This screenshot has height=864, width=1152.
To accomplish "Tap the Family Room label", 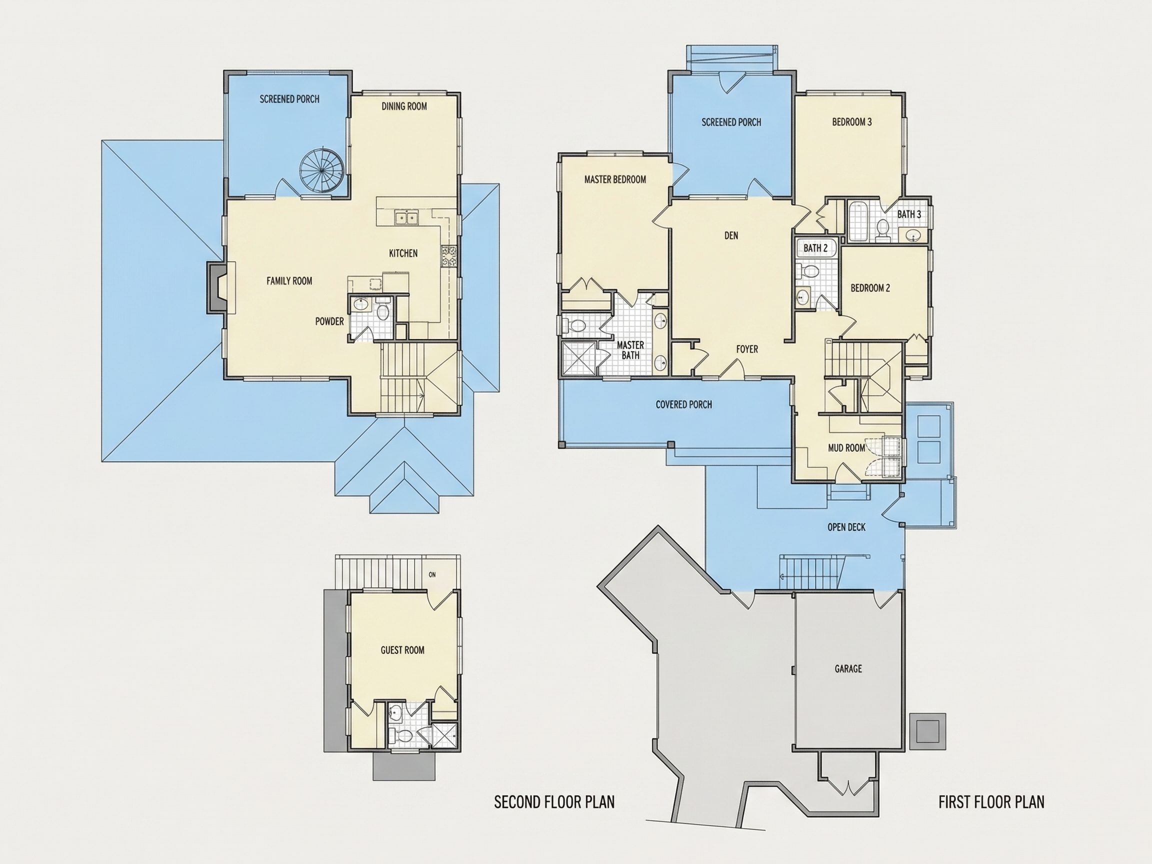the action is (x=289, y=281).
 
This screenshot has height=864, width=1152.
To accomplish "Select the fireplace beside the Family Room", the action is (x=217, y=287).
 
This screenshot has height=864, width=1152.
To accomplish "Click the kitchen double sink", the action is (x=406, y=217).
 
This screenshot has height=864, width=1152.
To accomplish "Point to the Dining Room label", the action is (x=404, y=106).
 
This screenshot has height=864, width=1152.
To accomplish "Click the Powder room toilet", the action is (x=383, y=312).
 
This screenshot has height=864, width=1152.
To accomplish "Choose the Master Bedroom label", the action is (x=615, y=179).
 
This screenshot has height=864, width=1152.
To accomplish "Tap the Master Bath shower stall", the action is (x=578, y=358).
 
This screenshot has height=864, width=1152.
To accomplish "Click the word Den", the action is (x=731, y=236).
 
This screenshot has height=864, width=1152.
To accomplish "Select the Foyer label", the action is (x=747, y=349).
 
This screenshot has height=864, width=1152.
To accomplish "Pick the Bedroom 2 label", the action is (x=870, y=288).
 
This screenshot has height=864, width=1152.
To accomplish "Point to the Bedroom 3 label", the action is (x=852, y=122).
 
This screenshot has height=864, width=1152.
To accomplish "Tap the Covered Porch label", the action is (x=684, y=404).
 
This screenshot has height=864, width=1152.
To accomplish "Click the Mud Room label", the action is (x=846, y=447).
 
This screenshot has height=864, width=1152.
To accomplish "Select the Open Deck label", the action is (x=846, y=527).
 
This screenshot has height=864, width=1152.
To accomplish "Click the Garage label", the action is (x=848, y=668).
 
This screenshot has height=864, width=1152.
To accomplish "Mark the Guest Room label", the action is (x=402, y=650).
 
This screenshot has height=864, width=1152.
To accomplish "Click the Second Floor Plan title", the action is (x=554, y=802).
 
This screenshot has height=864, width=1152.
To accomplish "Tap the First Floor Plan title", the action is (x=991, y=802).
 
